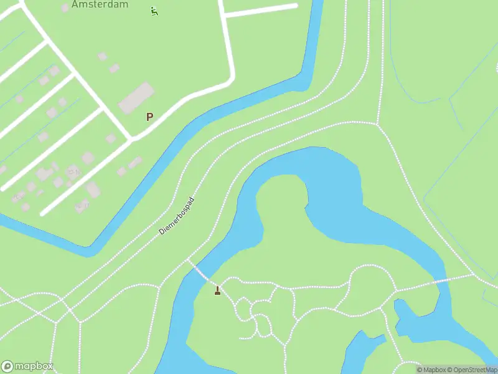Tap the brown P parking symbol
pos(149,117)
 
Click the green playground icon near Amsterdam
pos(154,11)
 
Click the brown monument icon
pos(217,290)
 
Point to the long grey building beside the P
pos(136,98)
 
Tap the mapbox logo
pos(27,367)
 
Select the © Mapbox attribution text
pos(431,370)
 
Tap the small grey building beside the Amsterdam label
pos(65,7)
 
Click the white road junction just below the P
pos(131,138)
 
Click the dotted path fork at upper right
pos(377,123)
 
